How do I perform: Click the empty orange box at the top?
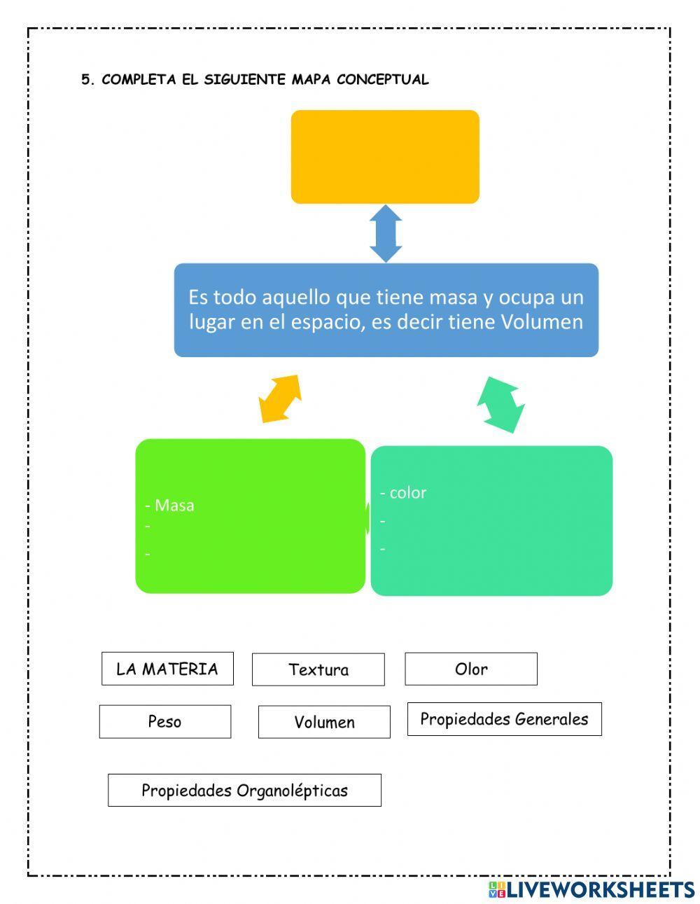(385, 157)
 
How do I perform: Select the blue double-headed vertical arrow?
(386, 233)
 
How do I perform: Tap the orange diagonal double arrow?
(280, 398)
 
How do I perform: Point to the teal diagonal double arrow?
(501, 405)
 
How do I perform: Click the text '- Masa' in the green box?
(169, 505)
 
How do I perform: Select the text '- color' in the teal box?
(403, 492)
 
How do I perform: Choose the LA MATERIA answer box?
(167, 669)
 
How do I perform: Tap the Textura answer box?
(318, 669)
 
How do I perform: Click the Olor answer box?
(471, 669)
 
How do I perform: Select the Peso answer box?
(164, 721)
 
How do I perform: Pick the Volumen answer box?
(324, 722)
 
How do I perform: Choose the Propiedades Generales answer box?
(504, 719)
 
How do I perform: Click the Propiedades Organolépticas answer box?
(244, 790)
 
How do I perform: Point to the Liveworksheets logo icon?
(496, 889)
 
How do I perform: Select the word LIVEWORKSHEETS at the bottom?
(601, 889)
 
